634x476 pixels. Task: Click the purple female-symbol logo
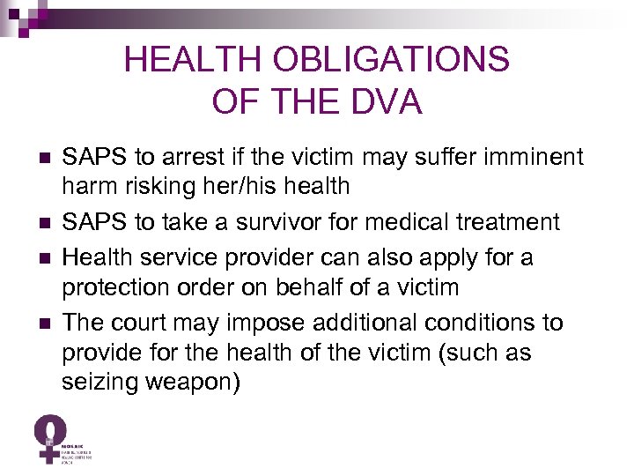tap(51, 437)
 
